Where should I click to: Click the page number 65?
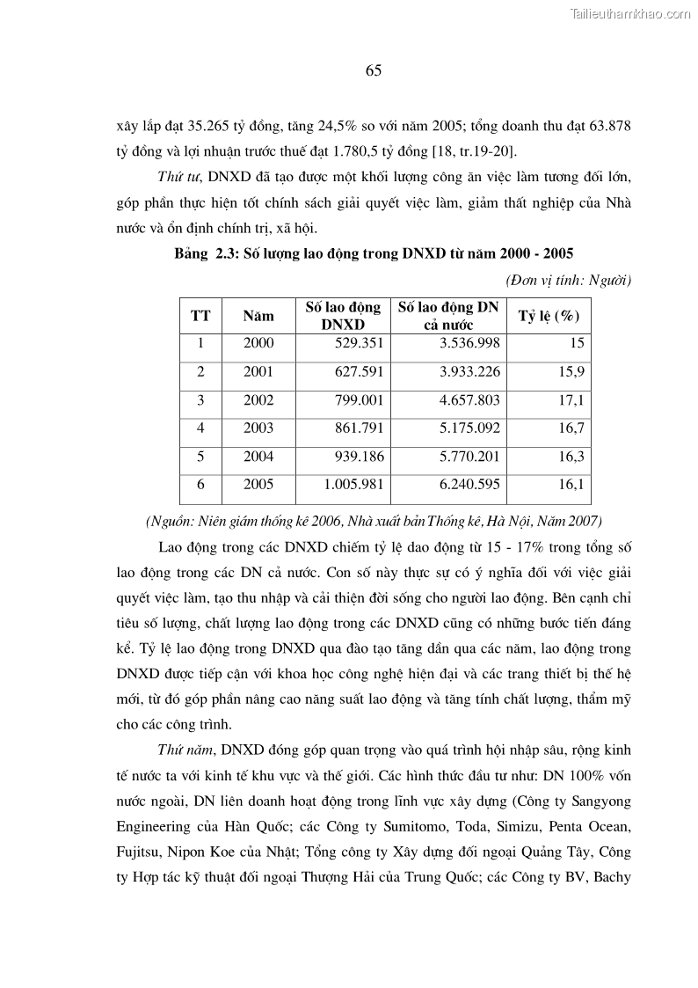(373, 71)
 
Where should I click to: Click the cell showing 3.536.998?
(470, 344)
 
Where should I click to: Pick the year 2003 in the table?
(258, 428)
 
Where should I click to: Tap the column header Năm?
(258, 316)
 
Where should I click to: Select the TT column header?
(200, 316)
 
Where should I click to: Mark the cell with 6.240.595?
(470, 485)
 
